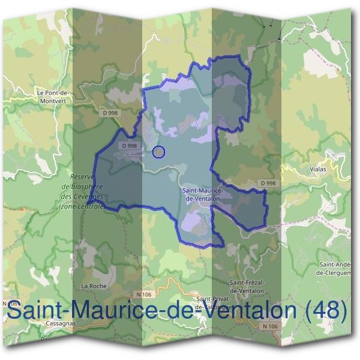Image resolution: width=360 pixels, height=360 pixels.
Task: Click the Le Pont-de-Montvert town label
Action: pos(53,97)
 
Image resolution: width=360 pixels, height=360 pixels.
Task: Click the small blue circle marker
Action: pos(158,152)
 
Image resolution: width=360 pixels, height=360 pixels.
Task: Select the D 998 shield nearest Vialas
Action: pos(269,183)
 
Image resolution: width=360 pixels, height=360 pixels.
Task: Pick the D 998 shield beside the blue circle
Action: pos(130,145)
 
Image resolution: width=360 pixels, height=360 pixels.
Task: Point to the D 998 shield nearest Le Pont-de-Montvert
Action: pos(109,113)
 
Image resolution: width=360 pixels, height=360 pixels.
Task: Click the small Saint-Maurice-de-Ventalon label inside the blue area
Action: pos(201,194)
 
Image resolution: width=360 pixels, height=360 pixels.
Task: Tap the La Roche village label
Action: pos(93,286)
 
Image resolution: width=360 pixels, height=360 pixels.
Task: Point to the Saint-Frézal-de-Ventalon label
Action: pos(247,286)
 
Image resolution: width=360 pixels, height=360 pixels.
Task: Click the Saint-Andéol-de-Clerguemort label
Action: pos(338,268)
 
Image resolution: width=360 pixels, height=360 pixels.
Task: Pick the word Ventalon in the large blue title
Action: pos(248,311)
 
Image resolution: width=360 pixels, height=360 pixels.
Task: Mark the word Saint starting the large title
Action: pos(34,311)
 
